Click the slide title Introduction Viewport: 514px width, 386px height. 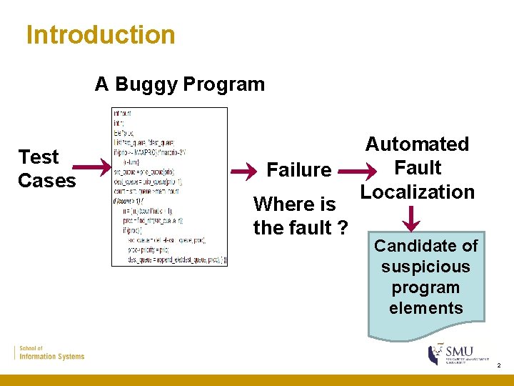(x=100, y=34)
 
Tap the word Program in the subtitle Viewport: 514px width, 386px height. (x=223, y=84)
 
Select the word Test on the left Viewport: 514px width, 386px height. (x=39, y=157)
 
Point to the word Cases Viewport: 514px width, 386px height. (x=46, y=181)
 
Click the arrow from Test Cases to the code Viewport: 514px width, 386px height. (x=92, y=168)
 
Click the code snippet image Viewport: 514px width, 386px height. (x=170, y=187)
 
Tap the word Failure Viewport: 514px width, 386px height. (x=298, y=170)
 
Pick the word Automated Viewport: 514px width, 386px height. (x=417, y=144)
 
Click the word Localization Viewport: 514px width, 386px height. (x=417, y=192)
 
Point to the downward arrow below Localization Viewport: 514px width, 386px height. (x=412, y=217)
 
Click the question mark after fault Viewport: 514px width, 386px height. (x=343, y=229)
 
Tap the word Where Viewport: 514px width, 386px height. (x=283, y=204)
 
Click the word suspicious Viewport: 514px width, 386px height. (x=425, y=267)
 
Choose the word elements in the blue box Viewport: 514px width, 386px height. (x=425, y=308)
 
